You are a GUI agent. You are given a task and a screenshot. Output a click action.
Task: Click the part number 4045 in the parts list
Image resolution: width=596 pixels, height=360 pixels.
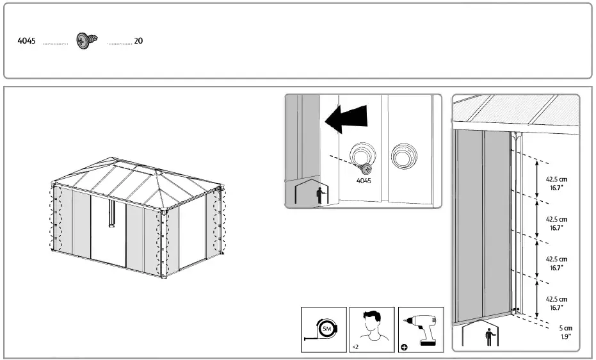(26, 41)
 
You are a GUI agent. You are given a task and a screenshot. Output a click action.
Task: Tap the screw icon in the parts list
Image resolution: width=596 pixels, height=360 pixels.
(85, 40)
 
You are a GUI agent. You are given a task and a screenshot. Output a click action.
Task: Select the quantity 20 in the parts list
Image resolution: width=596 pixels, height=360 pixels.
(138, 41)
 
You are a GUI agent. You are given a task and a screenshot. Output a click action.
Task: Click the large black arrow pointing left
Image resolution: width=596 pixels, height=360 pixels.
(346, 119)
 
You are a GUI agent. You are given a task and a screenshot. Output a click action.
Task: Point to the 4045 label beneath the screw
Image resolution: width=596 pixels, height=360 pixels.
(364, 181)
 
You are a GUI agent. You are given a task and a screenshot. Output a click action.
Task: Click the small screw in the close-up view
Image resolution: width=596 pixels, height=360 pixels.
(366, 169)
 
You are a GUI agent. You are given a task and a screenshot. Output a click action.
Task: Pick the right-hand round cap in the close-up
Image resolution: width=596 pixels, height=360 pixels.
(405, 155)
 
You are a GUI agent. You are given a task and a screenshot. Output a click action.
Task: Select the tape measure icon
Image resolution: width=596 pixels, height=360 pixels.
(324, 329)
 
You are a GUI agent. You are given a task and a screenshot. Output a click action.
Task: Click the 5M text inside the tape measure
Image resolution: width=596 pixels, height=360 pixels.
(326, 329)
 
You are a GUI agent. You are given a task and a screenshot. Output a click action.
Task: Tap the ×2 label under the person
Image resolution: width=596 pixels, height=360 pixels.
(355, 347)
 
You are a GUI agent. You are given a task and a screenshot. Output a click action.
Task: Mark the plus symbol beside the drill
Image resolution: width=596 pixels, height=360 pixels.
(404, 347)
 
